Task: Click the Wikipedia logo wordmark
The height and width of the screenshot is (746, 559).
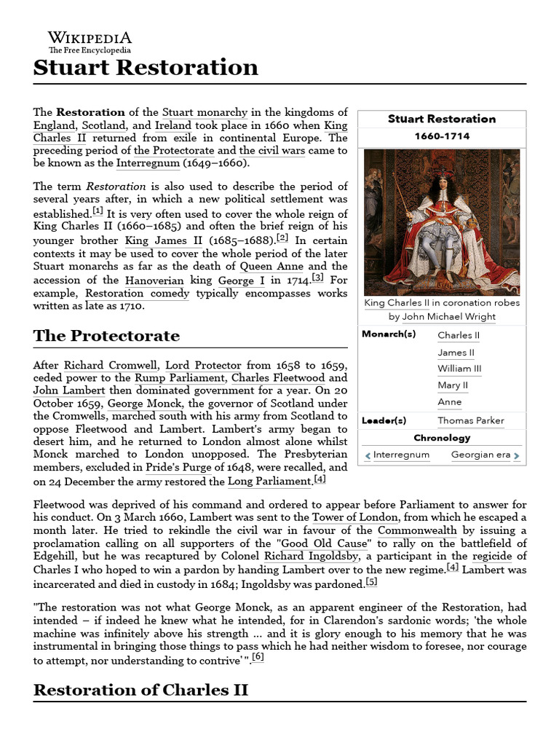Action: point(90,38)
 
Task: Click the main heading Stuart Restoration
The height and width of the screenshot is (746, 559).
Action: point(146,68)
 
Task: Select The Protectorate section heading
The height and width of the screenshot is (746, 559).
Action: point(106,336)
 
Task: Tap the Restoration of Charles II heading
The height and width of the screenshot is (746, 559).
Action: point(141,690)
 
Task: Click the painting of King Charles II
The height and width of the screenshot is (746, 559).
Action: point(441,221)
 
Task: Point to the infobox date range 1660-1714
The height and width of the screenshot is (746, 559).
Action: point(441,136)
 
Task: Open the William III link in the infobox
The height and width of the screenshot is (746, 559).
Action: point(459,369)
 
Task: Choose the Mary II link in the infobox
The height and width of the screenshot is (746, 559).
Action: point(452,385)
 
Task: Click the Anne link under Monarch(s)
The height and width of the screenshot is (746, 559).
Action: point(449,402)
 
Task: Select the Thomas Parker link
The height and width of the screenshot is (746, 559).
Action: point(470,420)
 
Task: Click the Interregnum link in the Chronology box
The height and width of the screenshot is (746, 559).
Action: point(401,455)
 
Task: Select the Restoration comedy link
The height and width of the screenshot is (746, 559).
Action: point(138,294)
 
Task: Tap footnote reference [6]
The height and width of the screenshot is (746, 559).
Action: point(258,656)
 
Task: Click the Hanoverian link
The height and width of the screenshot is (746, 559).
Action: point(154,280)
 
